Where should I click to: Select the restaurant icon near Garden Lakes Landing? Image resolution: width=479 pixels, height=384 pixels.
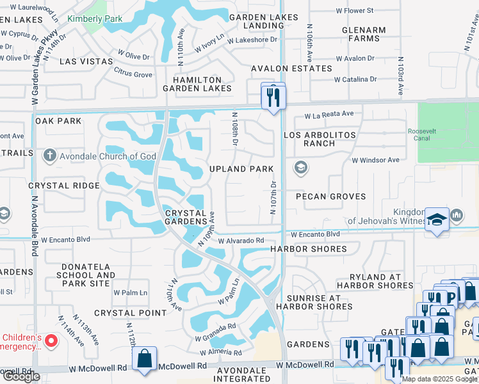coord(273,97)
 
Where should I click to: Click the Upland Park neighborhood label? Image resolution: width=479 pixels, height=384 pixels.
coord(241,169)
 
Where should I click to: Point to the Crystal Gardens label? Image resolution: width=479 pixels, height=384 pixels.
coord(186,217)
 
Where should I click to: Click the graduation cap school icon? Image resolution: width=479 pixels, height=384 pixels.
coord(437,220)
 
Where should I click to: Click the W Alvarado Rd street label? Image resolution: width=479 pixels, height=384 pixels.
coord(241,241)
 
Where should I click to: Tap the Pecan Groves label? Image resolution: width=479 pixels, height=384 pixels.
coord(330,196)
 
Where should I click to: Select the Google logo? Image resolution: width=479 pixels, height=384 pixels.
coord(20,376)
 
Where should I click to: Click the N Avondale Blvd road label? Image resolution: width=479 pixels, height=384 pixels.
coord(33,230)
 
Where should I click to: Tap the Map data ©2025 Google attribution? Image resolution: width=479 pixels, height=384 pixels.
coord(439,378)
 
